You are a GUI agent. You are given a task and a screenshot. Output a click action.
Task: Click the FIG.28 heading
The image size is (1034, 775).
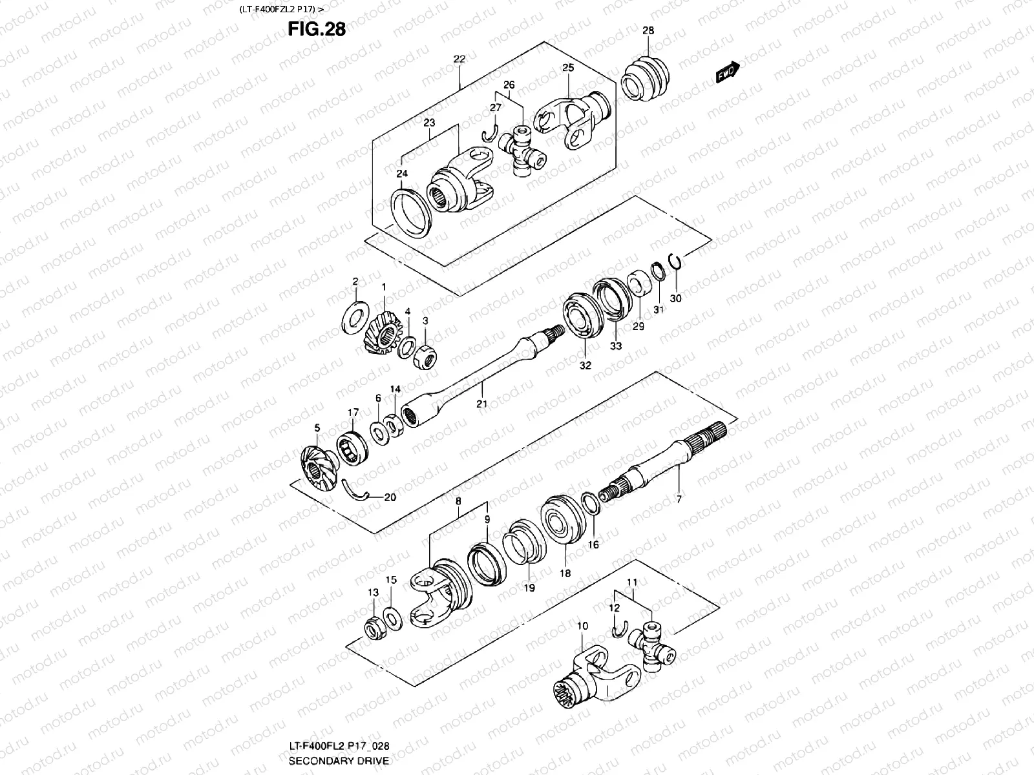pos(317,29)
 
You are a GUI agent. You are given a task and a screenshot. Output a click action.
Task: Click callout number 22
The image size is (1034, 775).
pos(459,59)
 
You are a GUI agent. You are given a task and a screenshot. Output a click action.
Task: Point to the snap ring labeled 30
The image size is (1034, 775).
pos(675,261)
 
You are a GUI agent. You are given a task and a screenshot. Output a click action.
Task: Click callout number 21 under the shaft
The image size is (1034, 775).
pos(481,404)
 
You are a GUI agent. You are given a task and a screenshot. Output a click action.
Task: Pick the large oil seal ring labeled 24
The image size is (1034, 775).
pos(412,212)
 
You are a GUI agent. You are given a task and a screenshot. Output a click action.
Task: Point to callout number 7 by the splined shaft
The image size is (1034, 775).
pos(679,499)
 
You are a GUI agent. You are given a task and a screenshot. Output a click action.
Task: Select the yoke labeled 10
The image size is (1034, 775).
pos(588,678)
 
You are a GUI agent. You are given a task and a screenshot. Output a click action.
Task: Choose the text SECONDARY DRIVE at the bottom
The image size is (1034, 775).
pos(339,761)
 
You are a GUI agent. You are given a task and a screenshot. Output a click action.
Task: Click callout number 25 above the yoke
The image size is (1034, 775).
pos(567,68)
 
